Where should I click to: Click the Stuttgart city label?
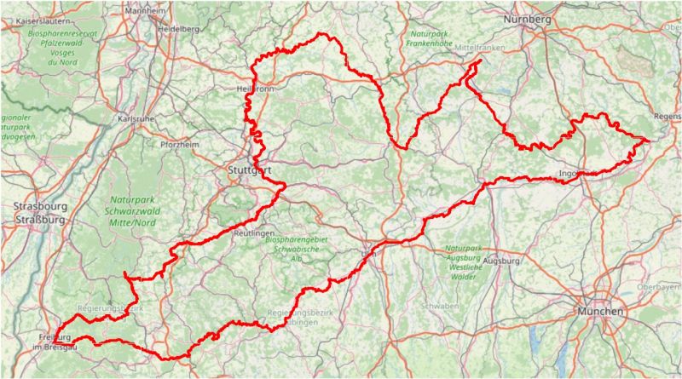coord(250,170)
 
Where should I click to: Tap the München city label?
coord(601,312)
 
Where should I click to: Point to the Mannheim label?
coord(145,11)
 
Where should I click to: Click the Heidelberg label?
coord(178,28)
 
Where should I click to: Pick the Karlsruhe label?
coord(136,119)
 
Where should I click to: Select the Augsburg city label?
coord(500,261)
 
